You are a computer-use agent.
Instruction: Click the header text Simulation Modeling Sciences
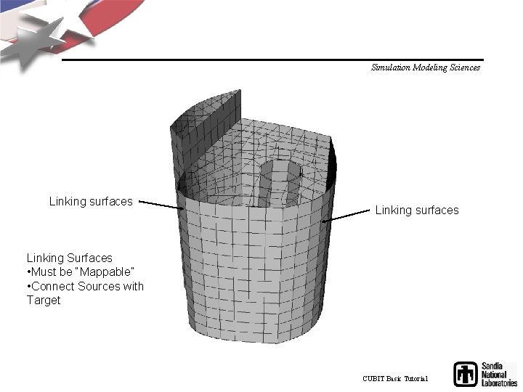click(425, 68)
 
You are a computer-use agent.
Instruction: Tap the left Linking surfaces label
click(91, 201)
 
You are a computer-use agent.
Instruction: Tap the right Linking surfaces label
click(417, 210)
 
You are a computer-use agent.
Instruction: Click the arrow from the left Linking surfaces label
click(161, 205)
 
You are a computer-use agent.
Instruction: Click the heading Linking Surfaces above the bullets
click(70, 258)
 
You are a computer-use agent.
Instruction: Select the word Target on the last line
click(44, 300)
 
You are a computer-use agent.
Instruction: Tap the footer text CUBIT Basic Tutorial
click(395, 379)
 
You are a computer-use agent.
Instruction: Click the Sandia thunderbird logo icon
click(466, 374)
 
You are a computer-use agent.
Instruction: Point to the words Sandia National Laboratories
click(498, 374)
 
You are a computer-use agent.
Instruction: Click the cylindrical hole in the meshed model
click(280, 181)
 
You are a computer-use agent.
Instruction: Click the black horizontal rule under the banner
click(272, 60)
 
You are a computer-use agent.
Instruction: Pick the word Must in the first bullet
click(46, 271)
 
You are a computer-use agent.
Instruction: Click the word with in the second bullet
click(133, 286)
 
